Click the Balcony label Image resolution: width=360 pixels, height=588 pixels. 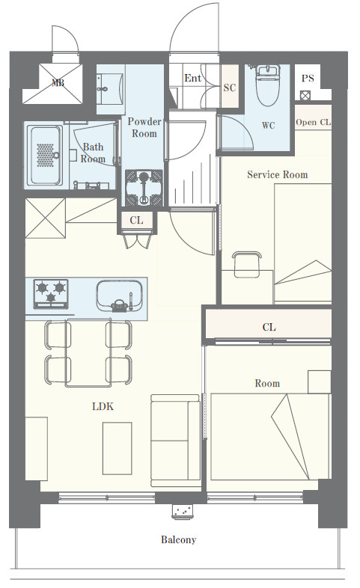(178, 539)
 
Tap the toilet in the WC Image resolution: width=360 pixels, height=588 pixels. (268, 85)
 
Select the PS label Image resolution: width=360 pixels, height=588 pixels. (308, 79)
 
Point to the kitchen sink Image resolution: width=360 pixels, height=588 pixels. (120, 296)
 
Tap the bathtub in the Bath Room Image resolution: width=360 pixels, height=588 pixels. (45, 156)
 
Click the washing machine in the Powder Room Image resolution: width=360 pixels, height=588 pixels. (144, 189)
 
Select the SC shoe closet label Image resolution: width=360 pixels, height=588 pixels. (230, 88)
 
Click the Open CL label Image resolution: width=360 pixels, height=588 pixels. (314, 122)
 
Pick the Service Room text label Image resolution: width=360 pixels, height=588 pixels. (278, 174)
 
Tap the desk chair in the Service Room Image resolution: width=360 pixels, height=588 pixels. (247, 264)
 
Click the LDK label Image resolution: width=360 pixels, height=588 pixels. (103, 406)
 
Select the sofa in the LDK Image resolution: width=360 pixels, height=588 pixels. (175, 440)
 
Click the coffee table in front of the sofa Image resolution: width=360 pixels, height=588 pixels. (118, 448)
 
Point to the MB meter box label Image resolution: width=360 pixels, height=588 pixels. (58, 83)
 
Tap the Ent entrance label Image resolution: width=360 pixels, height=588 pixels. (193, 78)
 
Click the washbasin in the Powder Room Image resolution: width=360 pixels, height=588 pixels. (110, 89)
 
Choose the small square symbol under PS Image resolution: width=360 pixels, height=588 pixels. (305, 95)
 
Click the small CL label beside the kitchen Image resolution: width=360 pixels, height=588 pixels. (136, 220)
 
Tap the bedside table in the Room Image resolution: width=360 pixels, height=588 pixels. (320, 382)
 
